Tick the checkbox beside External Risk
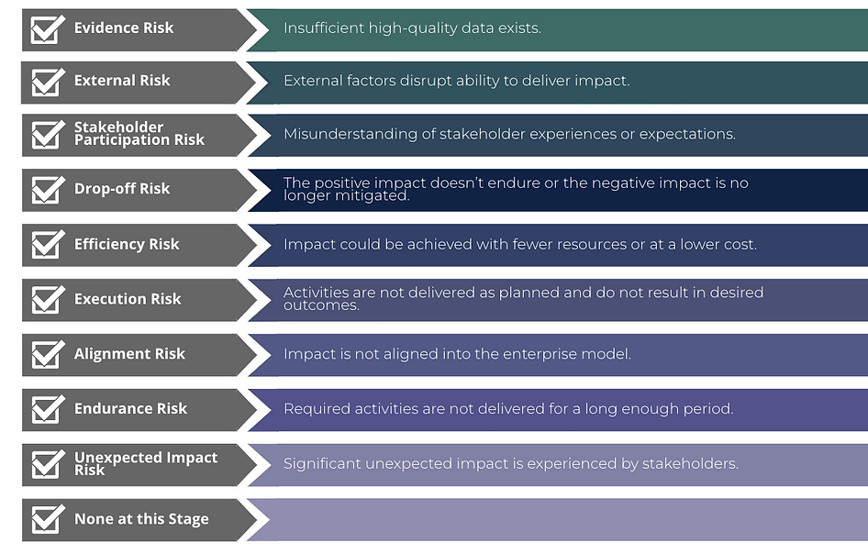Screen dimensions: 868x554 click(x=47, y=83)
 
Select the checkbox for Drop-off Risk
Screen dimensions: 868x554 click(x=47, y=190)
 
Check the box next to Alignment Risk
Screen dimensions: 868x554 click(x=47, y=355)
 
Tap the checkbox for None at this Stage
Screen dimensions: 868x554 click(x=47, y=520)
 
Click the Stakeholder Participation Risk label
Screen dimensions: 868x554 click(x=139, y=133)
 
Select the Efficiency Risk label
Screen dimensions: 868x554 click(x=127, y=244)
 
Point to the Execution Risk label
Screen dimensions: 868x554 click(x=128, y=299)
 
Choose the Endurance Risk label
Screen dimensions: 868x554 click(x=130, y=408)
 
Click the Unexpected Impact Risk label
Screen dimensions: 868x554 click(x=146, y=463)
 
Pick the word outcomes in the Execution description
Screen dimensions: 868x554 click(x=321, y=305)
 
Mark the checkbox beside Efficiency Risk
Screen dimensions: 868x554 click(x=47, y=245)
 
